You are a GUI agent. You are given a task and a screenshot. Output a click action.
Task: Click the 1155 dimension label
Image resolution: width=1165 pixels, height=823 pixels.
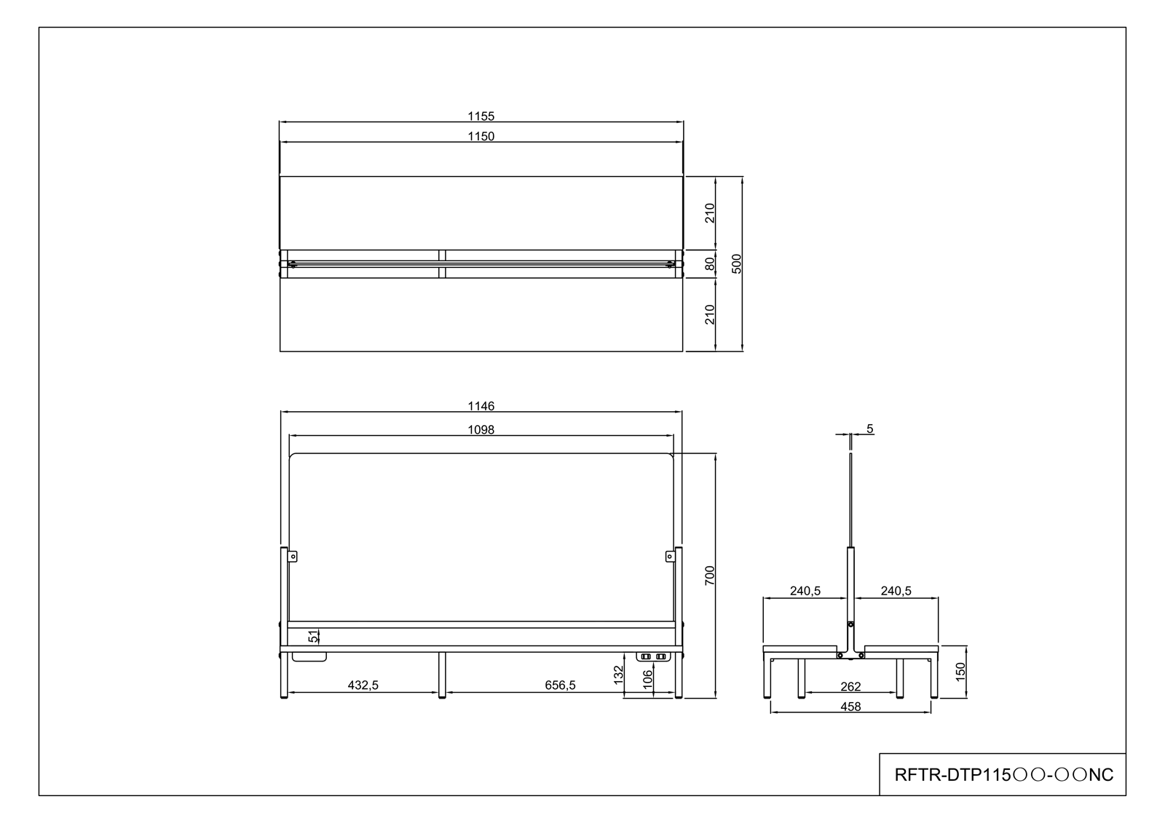[x=481, y=116]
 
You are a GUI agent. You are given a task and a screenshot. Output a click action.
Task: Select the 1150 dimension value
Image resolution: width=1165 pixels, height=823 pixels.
[x=481, y=136]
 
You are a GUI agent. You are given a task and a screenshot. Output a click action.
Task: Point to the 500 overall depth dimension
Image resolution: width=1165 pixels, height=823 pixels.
[x=736, y=263]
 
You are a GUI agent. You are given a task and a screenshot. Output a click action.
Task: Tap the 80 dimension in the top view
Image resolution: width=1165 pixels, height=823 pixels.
[x=709, y=264]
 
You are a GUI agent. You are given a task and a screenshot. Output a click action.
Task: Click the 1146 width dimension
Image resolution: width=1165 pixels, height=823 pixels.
[x=481, y=406]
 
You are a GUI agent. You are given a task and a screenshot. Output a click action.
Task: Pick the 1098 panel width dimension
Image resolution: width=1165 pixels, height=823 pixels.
[x=481, y=430]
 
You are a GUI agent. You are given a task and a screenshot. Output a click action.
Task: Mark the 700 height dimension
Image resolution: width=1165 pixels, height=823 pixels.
[x=709, y=576]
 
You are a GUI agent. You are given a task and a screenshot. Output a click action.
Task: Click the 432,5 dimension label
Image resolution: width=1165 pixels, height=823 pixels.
[x=363, y=685]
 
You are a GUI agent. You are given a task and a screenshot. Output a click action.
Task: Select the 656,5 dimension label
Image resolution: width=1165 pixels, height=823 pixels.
[x=560, y=685]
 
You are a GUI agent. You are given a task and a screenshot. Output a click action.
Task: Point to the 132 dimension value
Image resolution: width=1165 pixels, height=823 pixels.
[x=618, y=675]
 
